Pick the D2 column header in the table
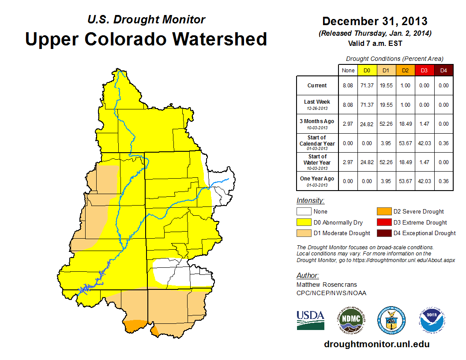[x=406, y=70]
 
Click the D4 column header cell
[x=443, y=70]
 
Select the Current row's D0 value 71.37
[x=367, y=86]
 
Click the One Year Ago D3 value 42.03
[x=425, y=181]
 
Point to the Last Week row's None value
[x=348, y=105]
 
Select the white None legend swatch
[x=304, y=212]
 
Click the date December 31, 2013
[x=375, y=21]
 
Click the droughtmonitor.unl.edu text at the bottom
[x=376, y=344]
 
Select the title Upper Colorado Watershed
[x=146, y=39]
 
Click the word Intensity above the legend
[x=310, y=201]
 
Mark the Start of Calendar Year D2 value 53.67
[x=406, y=143]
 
